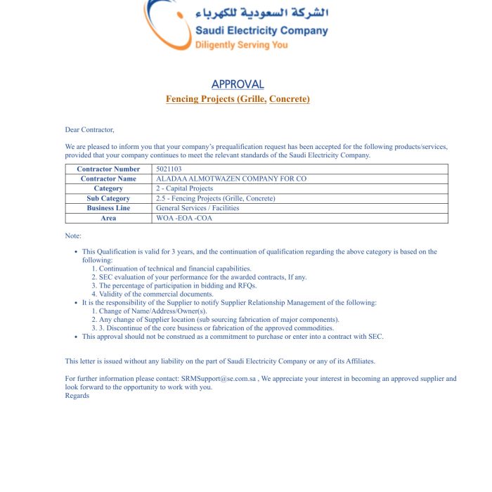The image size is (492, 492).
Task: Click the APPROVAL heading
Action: point(238,84)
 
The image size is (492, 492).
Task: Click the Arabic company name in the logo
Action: point(262,13)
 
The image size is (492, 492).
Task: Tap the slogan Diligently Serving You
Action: point(241,45)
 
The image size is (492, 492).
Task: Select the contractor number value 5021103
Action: point(169,169)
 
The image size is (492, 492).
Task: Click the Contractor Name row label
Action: point(108,179)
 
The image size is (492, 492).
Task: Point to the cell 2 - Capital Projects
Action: point(184,188)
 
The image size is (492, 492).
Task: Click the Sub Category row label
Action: point(108,198)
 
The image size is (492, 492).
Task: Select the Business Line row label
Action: point(108,208)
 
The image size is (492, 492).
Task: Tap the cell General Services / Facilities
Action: point(198,208)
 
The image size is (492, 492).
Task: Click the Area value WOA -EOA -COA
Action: point(183,218)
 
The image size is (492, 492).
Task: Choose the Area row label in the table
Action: point(108,218)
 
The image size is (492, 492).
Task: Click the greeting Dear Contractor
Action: point(89,129)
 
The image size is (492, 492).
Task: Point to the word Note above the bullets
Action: point(73,235)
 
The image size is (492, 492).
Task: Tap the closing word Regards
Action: point(77,395)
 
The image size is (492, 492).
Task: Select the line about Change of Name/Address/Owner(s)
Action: point(153,311)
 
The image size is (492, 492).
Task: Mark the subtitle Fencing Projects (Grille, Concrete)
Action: point(238,99)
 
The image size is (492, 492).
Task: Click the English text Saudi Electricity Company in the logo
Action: point(261,30)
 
